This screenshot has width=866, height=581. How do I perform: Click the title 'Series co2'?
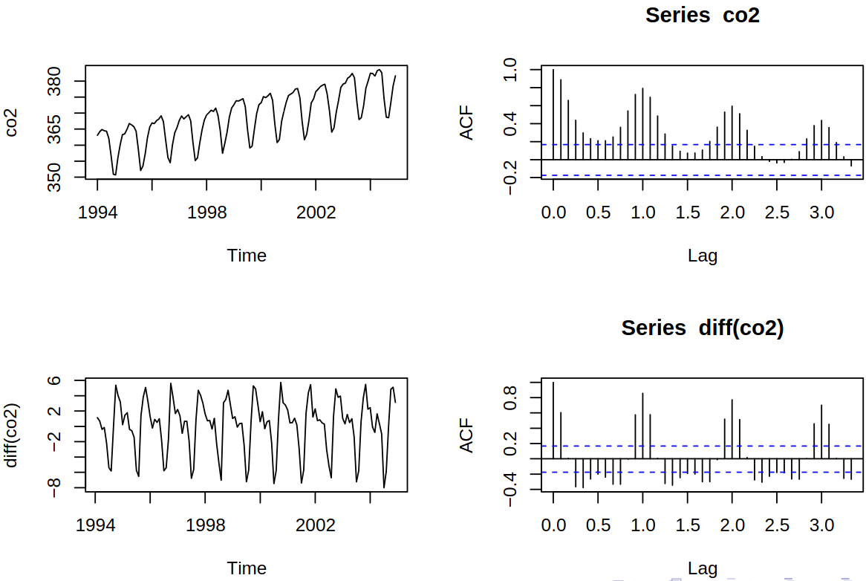[702, 16]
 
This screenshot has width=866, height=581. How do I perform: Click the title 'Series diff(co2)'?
[702, 328]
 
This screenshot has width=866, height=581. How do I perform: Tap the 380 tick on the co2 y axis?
[56, 81]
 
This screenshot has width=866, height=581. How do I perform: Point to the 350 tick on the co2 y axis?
[56, 177]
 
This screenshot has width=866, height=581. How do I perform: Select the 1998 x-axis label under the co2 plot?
[206, 212]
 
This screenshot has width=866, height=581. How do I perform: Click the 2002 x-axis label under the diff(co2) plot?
[315, 526]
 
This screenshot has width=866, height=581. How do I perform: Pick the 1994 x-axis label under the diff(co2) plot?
[96, 526]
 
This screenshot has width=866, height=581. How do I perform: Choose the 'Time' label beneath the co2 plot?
[247, 256]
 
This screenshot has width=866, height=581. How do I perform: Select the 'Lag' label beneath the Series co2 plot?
[702, 256]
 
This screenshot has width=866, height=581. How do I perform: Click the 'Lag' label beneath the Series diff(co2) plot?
[702, 569]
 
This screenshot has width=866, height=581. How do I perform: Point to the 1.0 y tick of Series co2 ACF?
[512, 70]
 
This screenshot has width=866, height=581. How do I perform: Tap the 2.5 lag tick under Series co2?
[777, 212]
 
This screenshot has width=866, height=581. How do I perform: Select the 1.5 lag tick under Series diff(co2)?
[687, 526]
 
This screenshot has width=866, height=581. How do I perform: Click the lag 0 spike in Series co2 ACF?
[553, 111]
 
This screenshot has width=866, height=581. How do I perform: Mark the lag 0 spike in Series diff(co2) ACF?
[553, 420]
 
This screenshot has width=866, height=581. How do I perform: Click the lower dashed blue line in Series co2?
[706, 175]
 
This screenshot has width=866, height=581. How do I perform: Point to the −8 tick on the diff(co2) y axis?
[56, 487]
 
